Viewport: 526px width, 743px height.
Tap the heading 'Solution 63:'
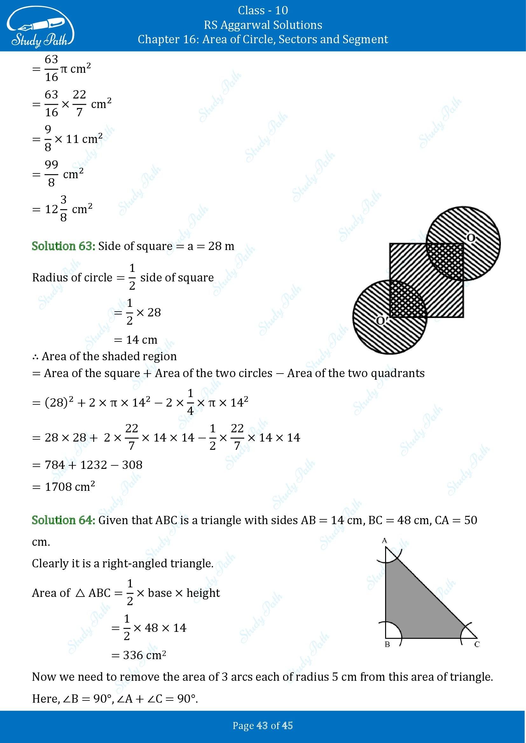[63, 246]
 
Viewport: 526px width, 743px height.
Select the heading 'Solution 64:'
[63, 520]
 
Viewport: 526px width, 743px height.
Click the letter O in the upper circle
[471, 238]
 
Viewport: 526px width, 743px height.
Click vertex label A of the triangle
[385, 541]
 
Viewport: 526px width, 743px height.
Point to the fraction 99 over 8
[51, 174]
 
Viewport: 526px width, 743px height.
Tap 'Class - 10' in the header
[263, 10]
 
